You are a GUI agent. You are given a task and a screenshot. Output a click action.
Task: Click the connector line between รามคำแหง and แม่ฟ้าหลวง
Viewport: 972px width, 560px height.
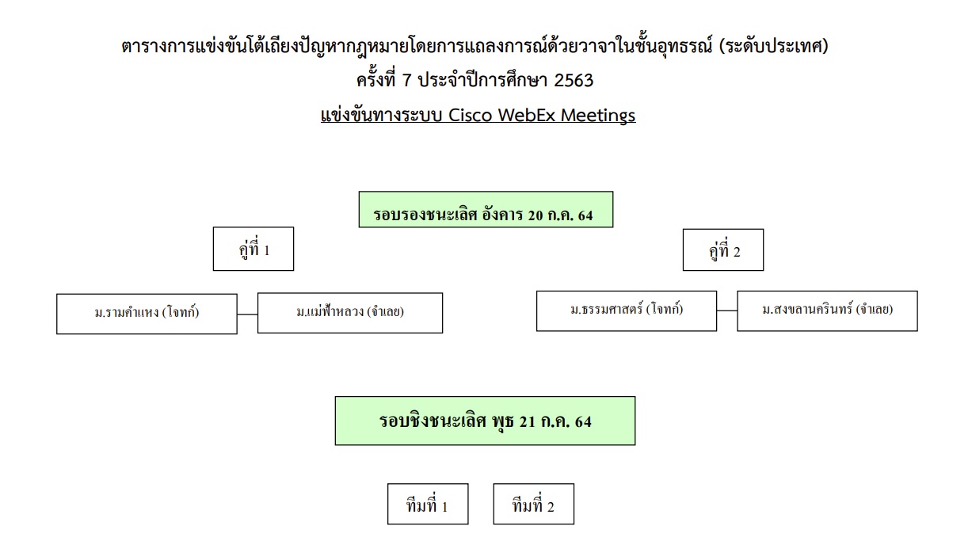pyautogui.click(x=247, y=314)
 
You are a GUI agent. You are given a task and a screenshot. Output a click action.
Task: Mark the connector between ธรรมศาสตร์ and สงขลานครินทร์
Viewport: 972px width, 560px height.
pyautogui.click(x=727, y=310)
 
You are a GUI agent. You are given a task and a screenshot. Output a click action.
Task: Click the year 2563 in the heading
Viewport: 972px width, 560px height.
pyautogui.click(x=574, y=81)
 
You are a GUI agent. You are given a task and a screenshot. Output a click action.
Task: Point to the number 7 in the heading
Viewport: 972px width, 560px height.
pyautogui.click(x=406, y=81)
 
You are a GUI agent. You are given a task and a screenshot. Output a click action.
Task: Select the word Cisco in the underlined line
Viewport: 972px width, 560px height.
pyautogui.click(x=470, y=116)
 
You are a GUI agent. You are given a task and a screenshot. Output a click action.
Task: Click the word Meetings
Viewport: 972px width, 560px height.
pyautogui.click(x=598, y=116)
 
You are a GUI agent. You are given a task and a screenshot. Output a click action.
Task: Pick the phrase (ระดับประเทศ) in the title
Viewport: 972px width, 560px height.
pyautogui.click(x=774, y=46)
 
